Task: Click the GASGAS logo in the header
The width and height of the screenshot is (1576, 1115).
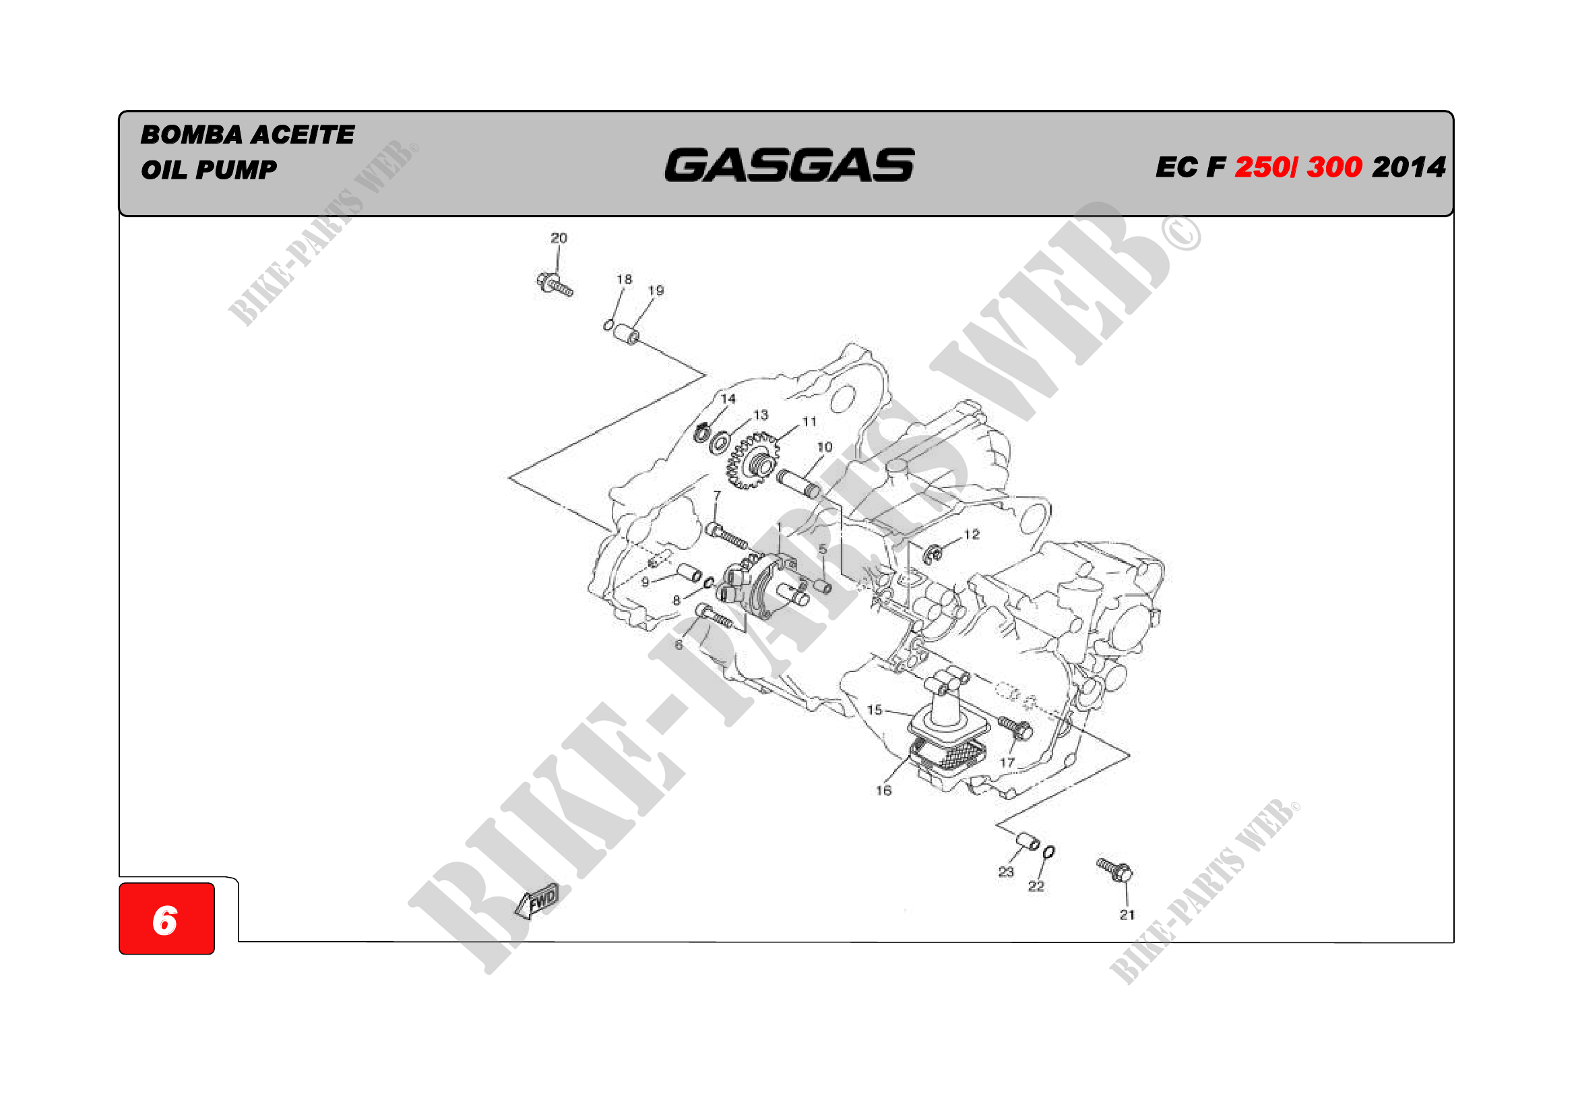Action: (790, 165)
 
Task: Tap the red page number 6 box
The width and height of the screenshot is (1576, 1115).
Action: (167, 919)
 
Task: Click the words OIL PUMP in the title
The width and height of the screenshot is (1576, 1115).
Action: (209, 170)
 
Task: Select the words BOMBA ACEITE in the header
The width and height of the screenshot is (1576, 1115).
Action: (248, 135)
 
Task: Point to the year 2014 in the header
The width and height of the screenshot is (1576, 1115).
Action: (1408, 167)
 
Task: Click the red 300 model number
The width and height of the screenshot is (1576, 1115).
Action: (1334, 167)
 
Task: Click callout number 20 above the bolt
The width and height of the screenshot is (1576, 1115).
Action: (559, 238)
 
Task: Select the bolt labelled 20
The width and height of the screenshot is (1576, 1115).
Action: (554, 284)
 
